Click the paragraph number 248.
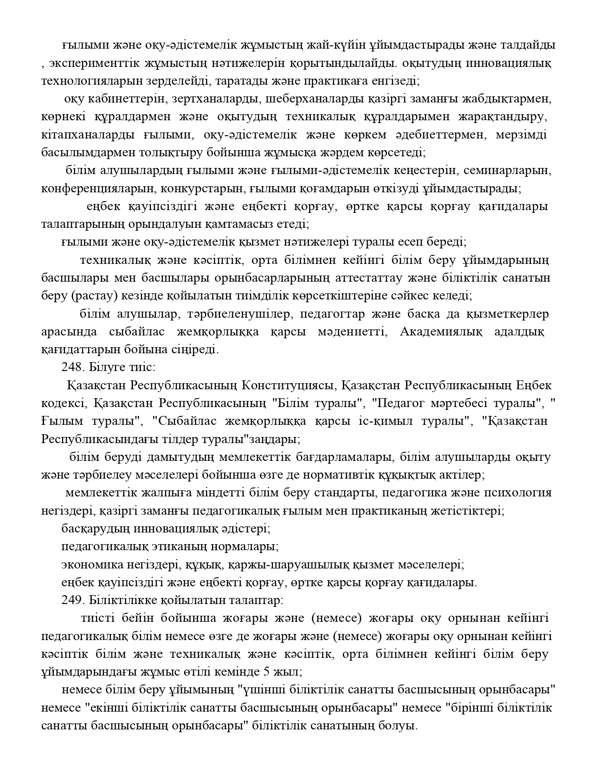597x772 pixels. click(70, 367)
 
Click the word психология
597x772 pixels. click(521, 493)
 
